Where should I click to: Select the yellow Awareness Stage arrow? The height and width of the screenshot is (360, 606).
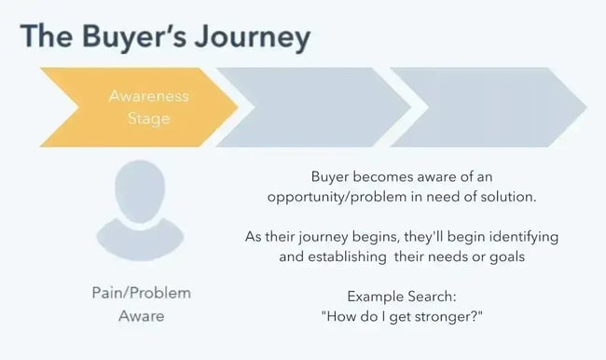(x=131, y=107)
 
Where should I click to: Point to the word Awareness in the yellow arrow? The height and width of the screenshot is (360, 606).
(x=148, y=96)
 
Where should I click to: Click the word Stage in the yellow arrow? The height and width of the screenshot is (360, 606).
(x=148, y=118)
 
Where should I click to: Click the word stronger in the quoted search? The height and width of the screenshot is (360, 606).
(x=453, y=317)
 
